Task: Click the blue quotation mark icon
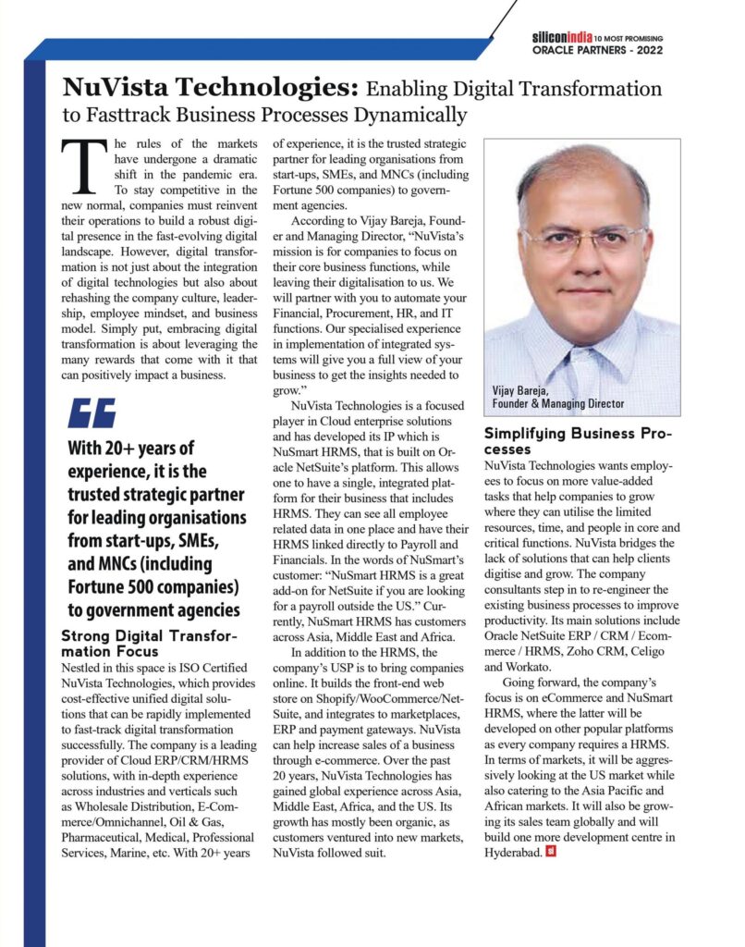tap(92, 412)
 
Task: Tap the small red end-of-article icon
tap(551, 851)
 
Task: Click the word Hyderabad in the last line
tap(514, 851)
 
